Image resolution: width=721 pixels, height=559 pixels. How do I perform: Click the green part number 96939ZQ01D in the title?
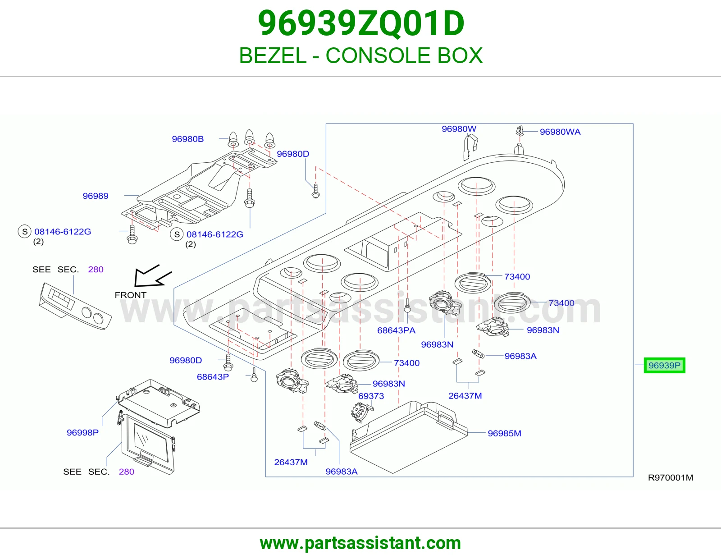pyautogui.click(x=361, y=23)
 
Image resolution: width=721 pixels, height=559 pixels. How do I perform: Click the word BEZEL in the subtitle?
pyautogui.click(x=273, y=55)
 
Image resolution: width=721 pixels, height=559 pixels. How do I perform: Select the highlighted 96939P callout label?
pyautogui.click(x=664, y=366)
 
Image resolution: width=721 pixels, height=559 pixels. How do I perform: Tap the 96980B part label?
pyautogui.click(x=188, y=139)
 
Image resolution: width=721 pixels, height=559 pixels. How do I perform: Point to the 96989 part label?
pyautogui.click(x=96, y=196)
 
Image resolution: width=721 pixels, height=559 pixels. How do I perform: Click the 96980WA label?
pyautogui.click(x=560, y=132)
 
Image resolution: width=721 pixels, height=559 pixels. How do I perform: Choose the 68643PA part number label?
pyautogui.click(x=396, y=330)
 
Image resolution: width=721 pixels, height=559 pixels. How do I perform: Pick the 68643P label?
pyautogui.click(x=213, y=377)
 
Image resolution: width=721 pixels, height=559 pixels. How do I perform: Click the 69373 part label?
pyautogui.click(x=371, y=396)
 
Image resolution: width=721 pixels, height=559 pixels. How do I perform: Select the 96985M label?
pyautogui.click(x=504, y=433)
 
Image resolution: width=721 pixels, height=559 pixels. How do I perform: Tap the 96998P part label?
pyautogui.click(x=82, y=432)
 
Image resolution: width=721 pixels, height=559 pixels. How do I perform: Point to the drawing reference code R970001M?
pyautogui.click(x=671, y=478)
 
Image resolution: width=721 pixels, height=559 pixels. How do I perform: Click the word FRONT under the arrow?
pyautogui.click(x=130, y=295)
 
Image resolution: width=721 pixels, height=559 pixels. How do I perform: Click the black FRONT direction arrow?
pyautogui.click(x=151, y=276)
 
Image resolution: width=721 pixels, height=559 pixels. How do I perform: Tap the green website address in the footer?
pyautogui.click(x=360, y=543)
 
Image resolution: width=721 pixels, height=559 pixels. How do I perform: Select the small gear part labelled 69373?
pyautogui.click(x=361, y=412)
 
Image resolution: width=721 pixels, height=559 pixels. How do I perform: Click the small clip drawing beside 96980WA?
pyautogui.click(x=520, y=130)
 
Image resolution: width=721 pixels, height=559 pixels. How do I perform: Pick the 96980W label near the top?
pyautogui.click(x=459, y=129)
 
